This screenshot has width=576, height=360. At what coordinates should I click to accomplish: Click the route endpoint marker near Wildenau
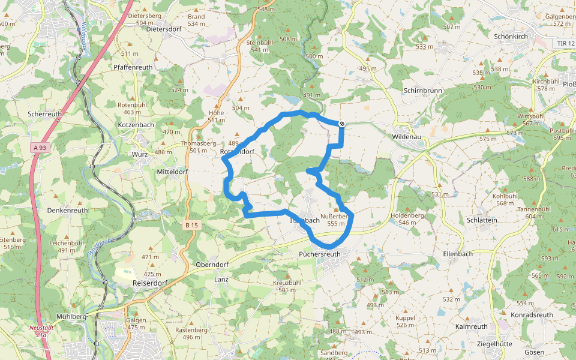click(x=342, y=124)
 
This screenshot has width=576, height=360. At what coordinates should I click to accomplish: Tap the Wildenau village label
click(x=409, y=137)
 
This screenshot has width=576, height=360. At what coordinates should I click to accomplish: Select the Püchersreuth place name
click(x=319, y=254)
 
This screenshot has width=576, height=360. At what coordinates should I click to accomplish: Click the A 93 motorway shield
click(x=40, y=148)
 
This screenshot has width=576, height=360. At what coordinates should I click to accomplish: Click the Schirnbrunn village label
click(x=424, y=90)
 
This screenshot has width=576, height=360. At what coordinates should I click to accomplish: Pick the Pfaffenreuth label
click(x=133, y=67)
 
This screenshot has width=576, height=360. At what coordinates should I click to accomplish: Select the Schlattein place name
click(x=482, y=220)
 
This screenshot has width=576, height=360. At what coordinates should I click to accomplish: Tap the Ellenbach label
click(x=458, y=254)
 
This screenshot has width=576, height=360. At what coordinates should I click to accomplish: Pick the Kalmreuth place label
click(x=472, y=326)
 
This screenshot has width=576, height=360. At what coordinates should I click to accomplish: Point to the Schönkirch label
click(x=510, y=36)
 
